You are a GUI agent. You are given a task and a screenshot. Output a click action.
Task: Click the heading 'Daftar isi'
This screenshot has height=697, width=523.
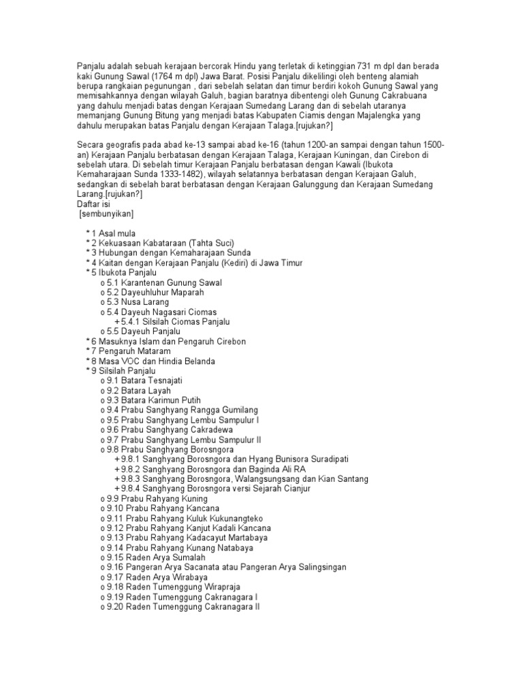point(94,204)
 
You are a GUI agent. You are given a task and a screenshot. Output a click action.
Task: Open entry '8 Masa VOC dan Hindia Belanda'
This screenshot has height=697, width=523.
point(153,361)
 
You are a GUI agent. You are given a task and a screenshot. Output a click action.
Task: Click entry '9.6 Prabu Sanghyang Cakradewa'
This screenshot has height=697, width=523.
point(170,429)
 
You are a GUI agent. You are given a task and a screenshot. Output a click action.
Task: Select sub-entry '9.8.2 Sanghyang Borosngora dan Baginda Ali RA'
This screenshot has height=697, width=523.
point(214,469)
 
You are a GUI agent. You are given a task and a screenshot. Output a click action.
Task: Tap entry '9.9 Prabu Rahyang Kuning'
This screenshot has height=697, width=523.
point(157,498)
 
